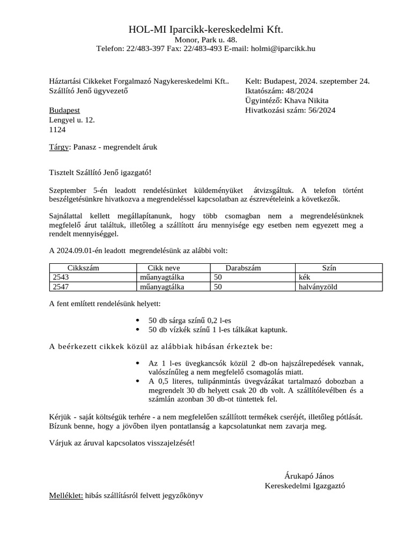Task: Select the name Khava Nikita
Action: click(x=306, y=101)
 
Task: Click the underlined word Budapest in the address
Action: click(x=64, y=110)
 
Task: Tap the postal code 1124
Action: click(x=57, y=130)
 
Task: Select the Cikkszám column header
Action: click(x=83, y=268)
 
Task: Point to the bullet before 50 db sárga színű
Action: click(x=139, y=320)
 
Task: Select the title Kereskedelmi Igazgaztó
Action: click(x=305, y=486)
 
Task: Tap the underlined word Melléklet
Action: click(x=66, y=496)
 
